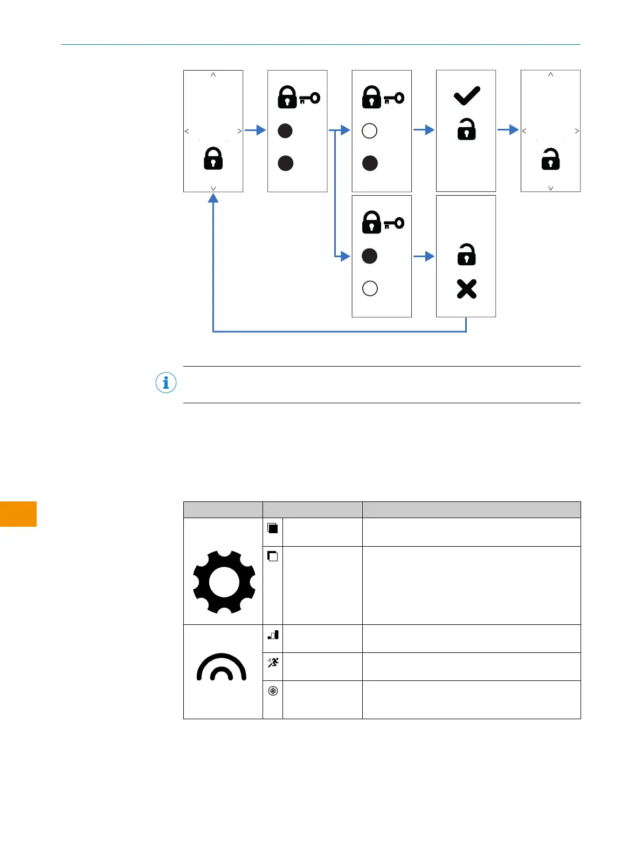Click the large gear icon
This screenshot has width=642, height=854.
(224, 582)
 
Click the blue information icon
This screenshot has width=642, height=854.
(166, 383)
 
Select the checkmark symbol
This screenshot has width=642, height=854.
(467, 96)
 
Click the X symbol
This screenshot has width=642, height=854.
(467, 289)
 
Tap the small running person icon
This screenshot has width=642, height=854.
(273, 663)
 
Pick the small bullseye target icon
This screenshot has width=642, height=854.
(273, 691)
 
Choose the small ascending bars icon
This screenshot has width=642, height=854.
(273, 635)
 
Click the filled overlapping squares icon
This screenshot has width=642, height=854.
(273, 528)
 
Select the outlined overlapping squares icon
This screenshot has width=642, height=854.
(273, 556)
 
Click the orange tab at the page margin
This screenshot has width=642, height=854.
(18, 514)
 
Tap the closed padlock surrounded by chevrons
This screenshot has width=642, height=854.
(213, 159)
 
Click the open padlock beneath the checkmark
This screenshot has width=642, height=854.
(467, 130)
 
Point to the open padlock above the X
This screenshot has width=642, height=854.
(467, 255)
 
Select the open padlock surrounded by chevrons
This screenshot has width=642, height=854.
(550, 159)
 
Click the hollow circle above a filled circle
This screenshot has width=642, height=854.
(369, 130)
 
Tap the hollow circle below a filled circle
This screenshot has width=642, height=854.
(370, 288)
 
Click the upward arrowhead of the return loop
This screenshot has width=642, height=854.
(213, 198)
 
